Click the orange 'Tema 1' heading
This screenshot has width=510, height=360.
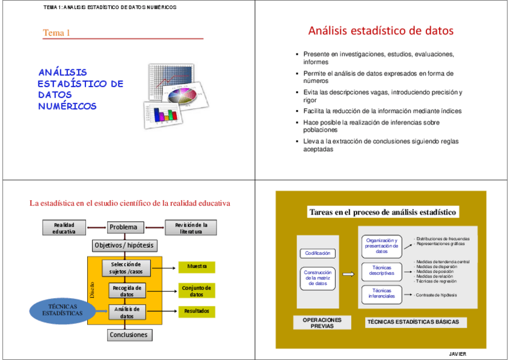tap(57, 32)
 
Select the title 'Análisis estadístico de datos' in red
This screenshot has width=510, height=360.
tap(381, 31)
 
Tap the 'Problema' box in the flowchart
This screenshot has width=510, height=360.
tap(126, 227)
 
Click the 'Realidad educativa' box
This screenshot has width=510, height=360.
tap(64, 228)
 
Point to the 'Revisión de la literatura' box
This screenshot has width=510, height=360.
tap(191, 228)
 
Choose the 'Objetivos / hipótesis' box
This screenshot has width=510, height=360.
tap(124, 245)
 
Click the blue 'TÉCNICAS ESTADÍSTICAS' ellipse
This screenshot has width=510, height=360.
tap(63, 310)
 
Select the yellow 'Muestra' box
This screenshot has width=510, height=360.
tap(197, 266)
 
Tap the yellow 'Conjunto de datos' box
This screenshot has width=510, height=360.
tap(197, 291)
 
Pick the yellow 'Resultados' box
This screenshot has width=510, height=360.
tap(197, 311)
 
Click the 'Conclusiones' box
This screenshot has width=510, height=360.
tap(128, 335)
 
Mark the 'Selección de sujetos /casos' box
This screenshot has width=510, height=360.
tap(126, 268)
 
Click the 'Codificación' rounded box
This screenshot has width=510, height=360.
tap(318, 253)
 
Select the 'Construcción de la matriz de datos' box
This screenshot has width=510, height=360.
tap(318, 278)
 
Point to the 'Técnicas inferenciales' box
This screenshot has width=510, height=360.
tap(381, 294)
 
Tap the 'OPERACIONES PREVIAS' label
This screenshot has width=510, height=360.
tap(322, 323)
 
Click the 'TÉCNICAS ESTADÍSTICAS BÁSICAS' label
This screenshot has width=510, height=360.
tap(412, 322)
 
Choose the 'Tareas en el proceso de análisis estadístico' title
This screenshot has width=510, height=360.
tap(383, 212)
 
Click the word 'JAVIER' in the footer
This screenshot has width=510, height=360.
tap(458, 354)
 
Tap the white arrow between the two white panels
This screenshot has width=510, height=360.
tap(348, 274)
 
